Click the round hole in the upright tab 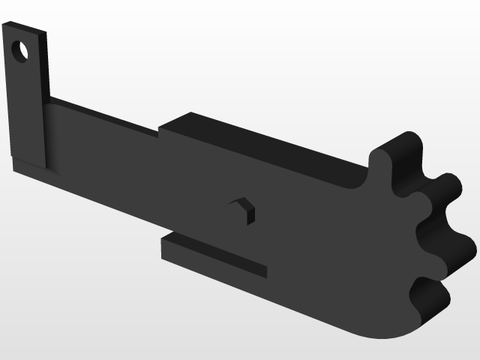click(x=21, y=52)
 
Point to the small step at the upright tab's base click(x=28, y=164)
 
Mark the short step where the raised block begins click(x=160, y=132)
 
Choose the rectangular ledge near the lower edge click(x=214, y=255)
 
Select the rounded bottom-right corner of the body click(x=382, y=330)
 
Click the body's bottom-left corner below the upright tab click(x=16, y=168)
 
